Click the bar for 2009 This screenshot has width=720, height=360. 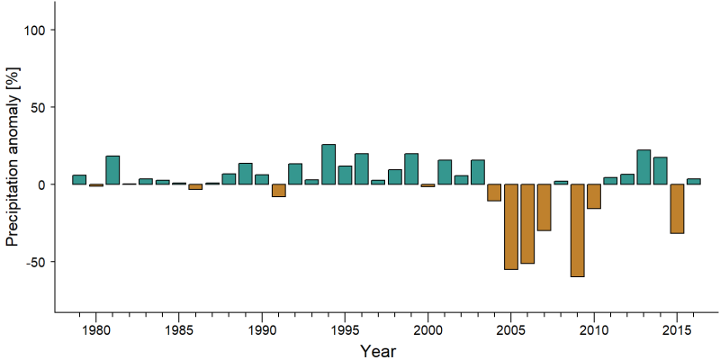pos(577,230)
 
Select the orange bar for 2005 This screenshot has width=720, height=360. pos(511,227)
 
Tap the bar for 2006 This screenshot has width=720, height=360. pos(527,223)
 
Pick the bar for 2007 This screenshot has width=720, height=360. pos(544,208)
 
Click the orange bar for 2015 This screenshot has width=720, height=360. pos(677,209)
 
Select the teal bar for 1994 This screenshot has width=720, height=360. pos(328,165)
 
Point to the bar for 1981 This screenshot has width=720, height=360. pos(112,170)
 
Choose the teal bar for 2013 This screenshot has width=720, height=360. pos(643,167)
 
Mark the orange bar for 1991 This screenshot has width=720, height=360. pos(279,191)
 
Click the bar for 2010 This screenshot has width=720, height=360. pos(594,196)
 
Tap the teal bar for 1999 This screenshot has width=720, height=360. pos(411,169)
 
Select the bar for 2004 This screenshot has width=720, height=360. pos(494,193)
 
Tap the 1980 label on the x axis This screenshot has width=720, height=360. pos(96,329)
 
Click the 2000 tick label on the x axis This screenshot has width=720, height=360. pos(428,329)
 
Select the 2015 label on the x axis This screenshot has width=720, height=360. pos(677,329)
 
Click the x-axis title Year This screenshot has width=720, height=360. pos(378,351)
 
